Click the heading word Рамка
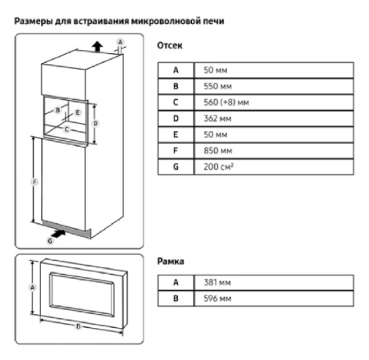[171, 262]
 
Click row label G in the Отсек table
[175, 166]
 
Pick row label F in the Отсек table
[175, 150]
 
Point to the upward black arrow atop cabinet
[98, 47]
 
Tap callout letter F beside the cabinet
[32, 182]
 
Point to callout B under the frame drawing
[79, 326]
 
